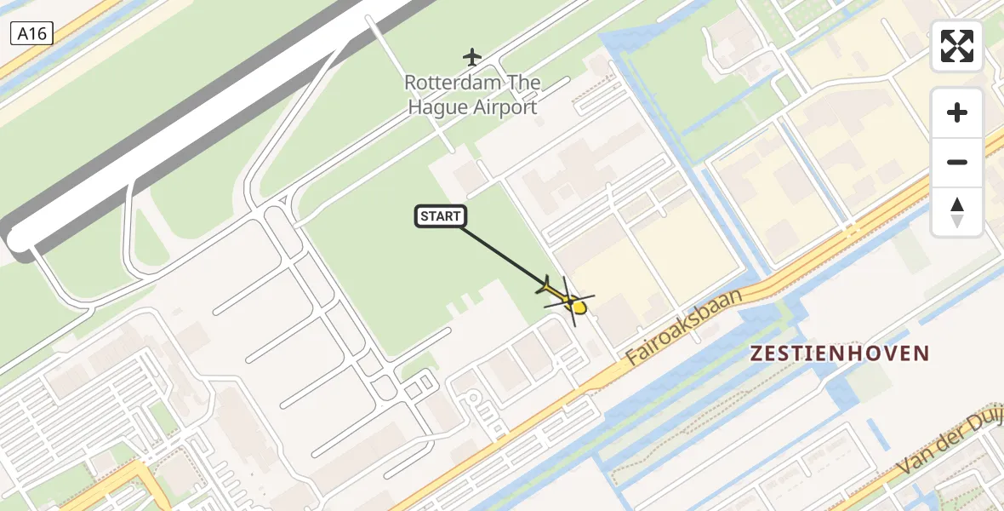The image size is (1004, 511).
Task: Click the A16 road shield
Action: [x=32, y=33]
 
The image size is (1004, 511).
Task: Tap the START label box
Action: [x=440, y=216]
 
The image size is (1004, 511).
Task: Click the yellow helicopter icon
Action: [x=565, y=298]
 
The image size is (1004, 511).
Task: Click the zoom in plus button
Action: [x=957, y=112]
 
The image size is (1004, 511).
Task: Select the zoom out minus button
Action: [x=957, y=162]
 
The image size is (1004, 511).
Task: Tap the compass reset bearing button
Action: [x=957, y=212]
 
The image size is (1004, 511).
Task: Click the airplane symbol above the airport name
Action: [x=472, y=57]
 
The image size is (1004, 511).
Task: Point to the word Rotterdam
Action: [x=450, y=83]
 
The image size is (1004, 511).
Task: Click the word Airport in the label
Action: [x=507, y=107]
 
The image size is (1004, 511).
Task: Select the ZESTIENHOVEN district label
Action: [x=839, y=353]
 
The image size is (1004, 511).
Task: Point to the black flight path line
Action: [x=502, y=252]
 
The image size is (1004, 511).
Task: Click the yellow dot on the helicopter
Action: [x=579, y=307]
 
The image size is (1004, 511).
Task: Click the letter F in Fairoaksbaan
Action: [x=633, y=358]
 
